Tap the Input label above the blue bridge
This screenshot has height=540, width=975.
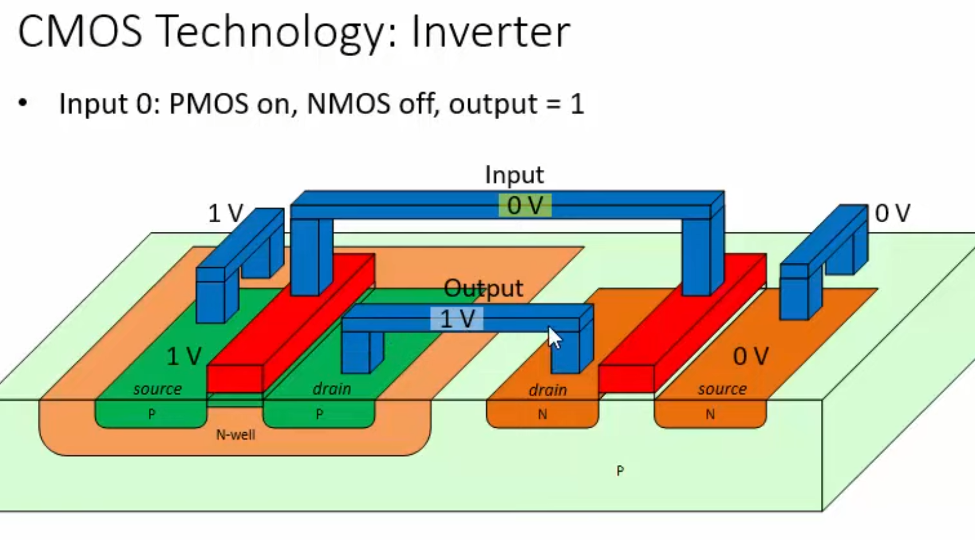coord(514,175)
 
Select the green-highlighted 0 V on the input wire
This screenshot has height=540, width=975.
coord(525,206)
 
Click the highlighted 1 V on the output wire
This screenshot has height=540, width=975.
coord(457,319)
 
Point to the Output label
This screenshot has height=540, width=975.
coord(483,288)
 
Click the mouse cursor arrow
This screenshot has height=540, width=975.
coord(554,338)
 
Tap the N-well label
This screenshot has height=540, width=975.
coord(235,435)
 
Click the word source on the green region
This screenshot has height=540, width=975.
coord(157,389)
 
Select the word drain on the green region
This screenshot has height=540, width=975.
coord(331,389)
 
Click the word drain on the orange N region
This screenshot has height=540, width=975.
coord(547,391)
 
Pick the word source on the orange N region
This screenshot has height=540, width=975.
coord(722,389)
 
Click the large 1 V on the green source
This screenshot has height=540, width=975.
coord(184,357)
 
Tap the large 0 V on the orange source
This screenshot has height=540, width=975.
coord(751,357)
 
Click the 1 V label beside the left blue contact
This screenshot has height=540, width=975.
coord(225,214)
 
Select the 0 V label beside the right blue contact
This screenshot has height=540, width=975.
coord(892,214)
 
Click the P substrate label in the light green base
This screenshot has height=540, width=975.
coord(620,471)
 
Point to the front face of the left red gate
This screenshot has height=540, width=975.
coord(235,379)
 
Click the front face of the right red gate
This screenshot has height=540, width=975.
coord(626,379)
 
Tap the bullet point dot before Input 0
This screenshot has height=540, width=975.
coord(23,104)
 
